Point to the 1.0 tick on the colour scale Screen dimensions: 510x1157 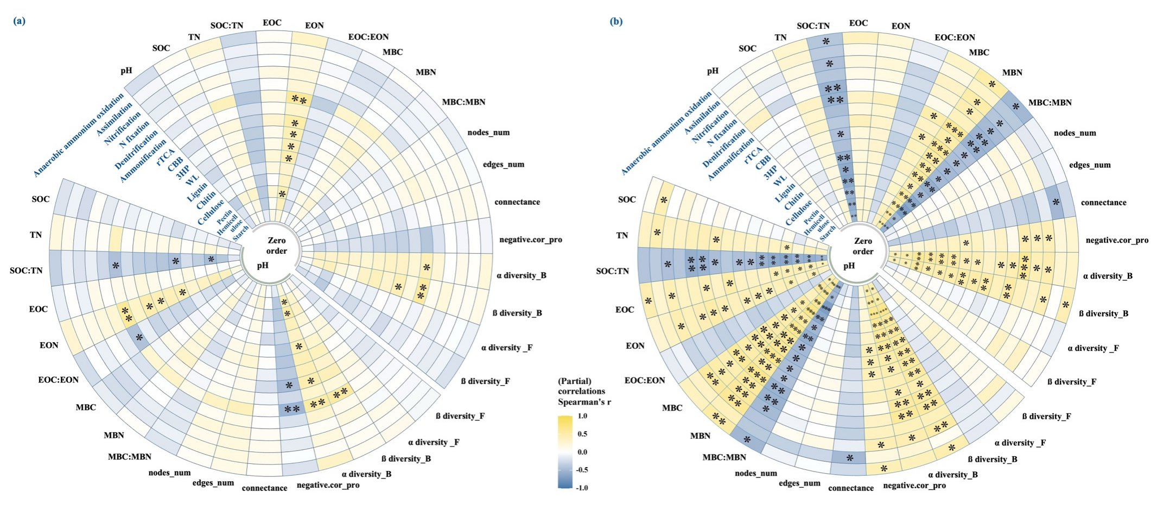583,416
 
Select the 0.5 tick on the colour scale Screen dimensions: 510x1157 583,434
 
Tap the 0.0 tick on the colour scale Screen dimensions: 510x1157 583,452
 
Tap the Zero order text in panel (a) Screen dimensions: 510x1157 277,245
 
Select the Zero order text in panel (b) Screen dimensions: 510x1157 863,246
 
